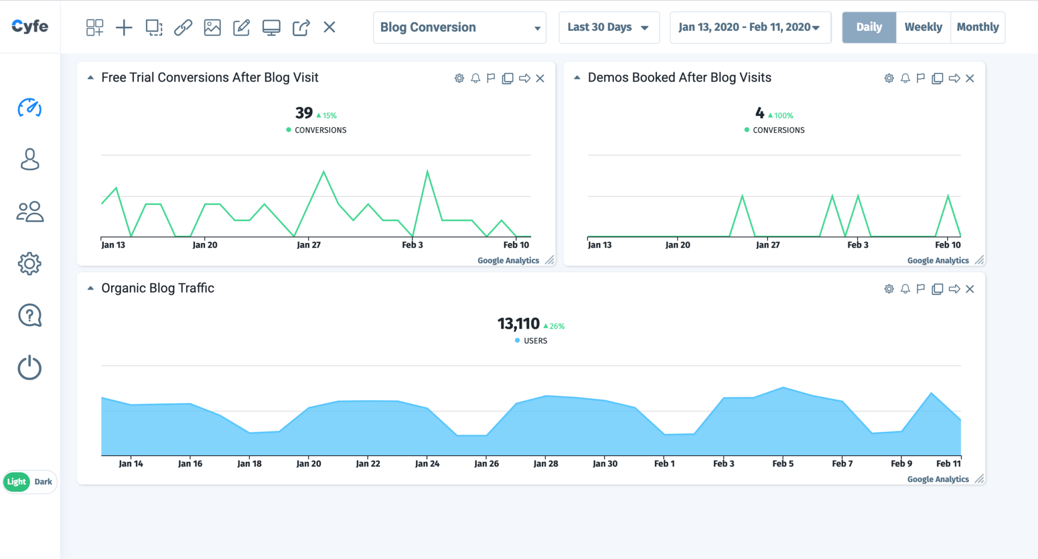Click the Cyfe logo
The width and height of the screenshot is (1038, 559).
(30, 26)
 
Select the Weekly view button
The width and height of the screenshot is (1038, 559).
(923, 27)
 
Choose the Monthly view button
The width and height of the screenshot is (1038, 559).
(977, 27)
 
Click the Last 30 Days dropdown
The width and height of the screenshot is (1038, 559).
(608, 27)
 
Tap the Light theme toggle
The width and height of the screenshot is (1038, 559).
(17, 482)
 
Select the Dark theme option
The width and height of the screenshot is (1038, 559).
(43, 482)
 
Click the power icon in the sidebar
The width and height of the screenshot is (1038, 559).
(29, 368)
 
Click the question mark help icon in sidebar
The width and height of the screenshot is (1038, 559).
(29, 315)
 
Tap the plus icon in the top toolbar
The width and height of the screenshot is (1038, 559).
(124, 27)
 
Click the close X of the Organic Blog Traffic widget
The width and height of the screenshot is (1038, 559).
(970, 289)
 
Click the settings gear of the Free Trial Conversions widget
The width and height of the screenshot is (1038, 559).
(459, 78)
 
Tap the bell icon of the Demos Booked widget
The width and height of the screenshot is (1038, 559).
(905, 78)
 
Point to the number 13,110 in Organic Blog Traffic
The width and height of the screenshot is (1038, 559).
(518, 324)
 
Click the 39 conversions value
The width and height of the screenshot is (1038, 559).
(304, 113)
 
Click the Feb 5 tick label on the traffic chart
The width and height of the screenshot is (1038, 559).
(783, 463)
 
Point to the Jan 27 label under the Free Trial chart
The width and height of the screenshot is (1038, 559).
(309, 245)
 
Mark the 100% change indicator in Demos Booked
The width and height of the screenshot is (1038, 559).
(781, 115)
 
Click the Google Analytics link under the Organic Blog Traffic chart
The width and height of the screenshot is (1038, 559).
(938, 479)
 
